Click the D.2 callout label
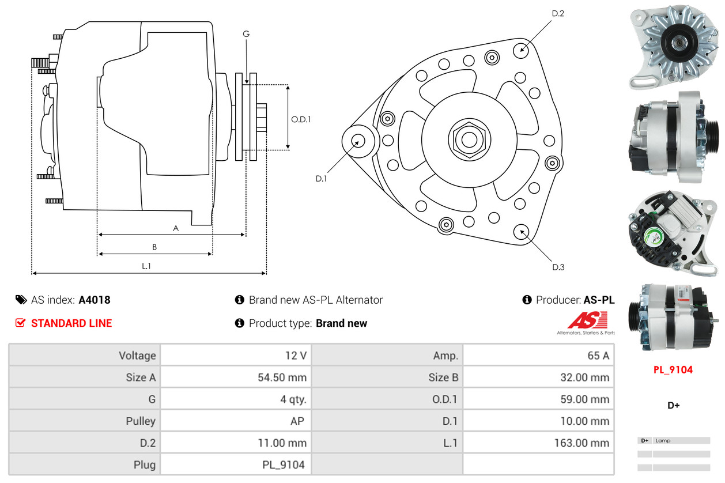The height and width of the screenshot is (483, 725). click(557, 13)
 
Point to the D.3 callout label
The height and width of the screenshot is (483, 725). click(558, 267)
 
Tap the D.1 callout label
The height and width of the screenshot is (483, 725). click(321, 179)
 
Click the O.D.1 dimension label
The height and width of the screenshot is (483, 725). click(301, 120)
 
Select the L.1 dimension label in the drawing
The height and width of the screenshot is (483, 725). click(146, 266)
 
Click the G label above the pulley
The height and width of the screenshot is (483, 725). click(246, 34)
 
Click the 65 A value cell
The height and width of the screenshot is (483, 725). click(598, 356)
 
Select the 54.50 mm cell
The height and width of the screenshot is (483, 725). click(282, 378)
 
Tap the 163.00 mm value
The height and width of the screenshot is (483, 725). click(583, 443)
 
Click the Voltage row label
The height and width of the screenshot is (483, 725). click(137, 356)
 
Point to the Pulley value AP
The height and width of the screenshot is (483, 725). click(297, 421)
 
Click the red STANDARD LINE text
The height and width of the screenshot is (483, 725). click(71, 323)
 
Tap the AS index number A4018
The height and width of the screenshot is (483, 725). click(95, 300)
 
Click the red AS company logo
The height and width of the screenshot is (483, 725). click(587, 320)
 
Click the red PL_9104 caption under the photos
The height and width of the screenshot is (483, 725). click(673, 370)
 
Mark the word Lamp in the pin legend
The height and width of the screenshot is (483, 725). click(663, 441)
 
